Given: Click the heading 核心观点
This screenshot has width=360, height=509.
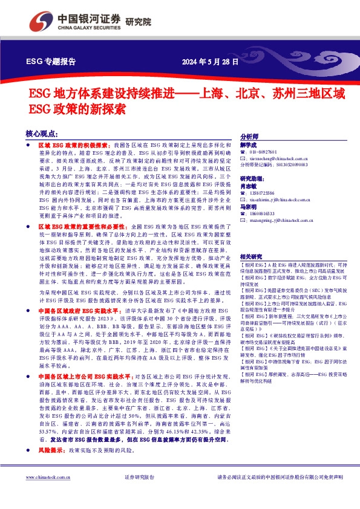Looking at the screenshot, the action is (42, 134).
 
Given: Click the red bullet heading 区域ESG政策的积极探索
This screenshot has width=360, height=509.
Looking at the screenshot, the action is (73, 146).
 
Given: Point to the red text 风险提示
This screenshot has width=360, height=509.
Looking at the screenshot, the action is (51, 450).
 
